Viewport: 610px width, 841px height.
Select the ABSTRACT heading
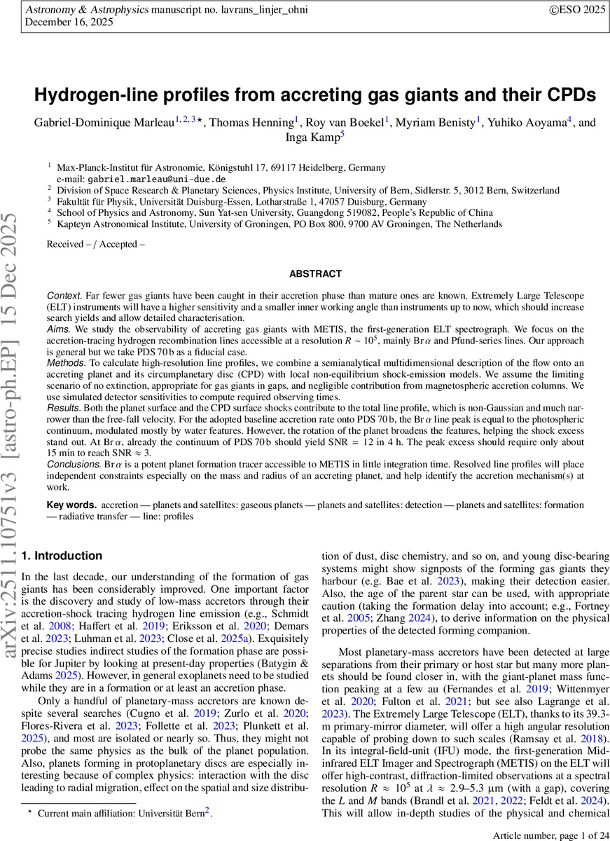click(x=315, y=274)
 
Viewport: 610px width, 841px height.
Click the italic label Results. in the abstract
click(x=63, y=406)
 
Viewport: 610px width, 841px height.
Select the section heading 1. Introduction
click(x=62, y=556)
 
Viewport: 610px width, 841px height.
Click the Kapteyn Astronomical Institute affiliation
click(x=280, y=224)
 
